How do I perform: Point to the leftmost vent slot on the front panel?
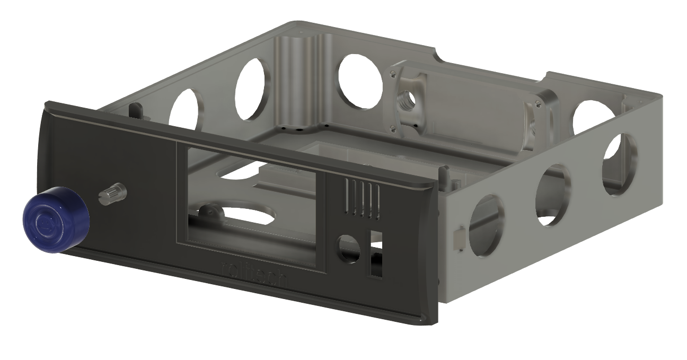click(x=347, y=196)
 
